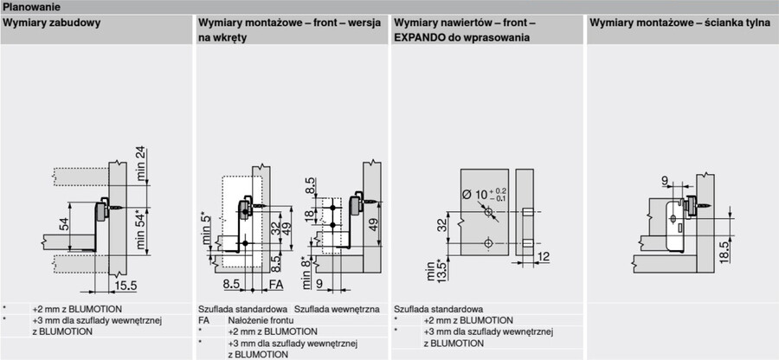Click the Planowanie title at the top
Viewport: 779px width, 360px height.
32,7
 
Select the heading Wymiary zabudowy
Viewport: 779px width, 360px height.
52,22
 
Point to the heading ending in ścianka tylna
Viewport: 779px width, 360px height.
680,22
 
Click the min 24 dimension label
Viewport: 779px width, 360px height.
142,164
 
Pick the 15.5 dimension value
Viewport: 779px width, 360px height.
126,286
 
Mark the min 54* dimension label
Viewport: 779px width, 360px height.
142,230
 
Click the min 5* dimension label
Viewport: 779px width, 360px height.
206,229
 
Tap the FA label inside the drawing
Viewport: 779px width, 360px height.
276,285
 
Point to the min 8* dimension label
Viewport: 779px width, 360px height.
307,272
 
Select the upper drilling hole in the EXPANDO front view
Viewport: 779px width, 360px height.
488,213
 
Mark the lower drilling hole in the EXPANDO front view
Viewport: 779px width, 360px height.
488,243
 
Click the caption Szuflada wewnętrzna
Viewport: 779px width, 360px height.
338,309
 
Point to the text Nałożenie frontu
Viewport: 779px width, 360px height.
261,320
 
